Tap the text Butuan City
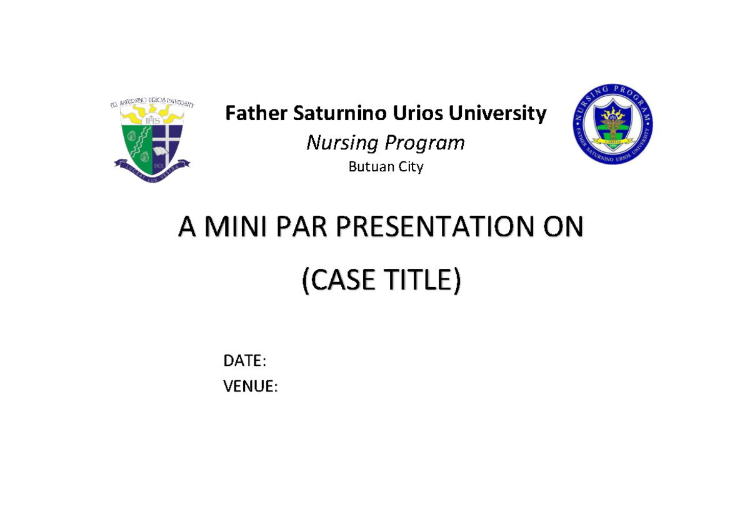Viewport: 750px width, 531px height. (x=386, y=167)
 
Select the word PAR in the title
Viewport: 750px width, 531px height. (x=302, y=229)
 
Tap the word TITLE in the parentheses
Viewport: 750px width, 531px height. (x=422, y=283)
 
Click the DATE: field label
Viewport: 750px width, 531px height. (x=245, y=361)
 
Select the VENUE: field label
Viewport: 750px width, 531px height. (x=251, y=387)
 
